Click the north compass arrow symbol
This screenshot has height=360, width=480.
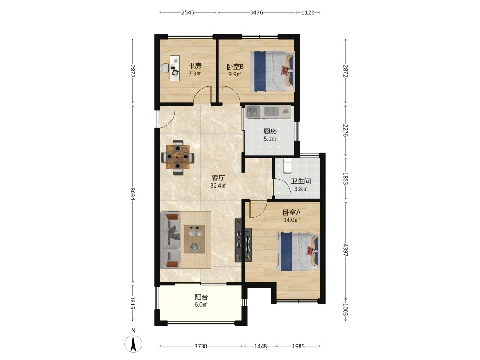pyautogui.click(x=133, y=344)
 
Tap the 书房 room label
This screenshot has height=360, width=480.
pyautogui.click(x=195, y=65)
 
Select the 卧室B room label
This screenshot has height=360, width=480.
pyautogui.click(x=235, y=66)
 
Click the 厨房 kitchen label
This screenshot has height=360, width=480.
pyautogui.click(x=270, y=132)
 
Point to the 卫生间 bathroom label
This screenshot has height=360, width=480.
pyautogui.click(x=300, y=181)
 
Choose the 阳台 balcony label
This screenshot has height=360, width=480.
pyautogui.click(x=202, y=297)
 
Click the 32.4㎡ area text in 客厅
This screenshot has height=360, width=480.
pyautogui.click(x=218, y=185)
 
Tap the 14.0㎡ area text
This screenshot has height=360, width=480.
pyautogui.click(x=291, y=219)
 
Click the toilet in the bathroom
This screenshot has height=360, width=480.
pyautogui.click(x=288, y=165)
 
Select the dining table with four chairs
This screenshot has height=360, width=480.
pyautogui.click(x=178, y=157)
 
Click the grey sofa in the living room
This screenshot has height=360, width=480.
pyautogui.click(x=170, y=240)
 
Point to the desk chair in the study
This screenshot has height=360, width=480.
pyautogui.click(x=165, y=68)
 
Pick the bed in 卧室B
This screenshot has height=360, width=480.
pyautogui.click(x=272, y=71)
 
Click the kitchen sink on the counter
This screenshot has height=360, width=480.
pyautogui.click(x=253, y=112)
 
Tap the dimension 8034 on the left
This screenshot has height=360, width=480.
pyautogui.click(x=132, y=193)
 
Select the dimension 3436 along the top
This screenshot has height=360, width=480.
pyautogui.click(x=256, y=12)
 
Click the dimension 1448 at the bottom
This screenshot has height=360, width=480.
pyautogui.click(x=261, y=346)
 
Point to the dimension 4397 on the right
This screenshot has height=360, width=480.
pyautogui.click(x=345, y=250)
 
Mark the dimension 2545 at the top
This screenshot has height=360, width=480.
pyautogui.click(x=188, y=12)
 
